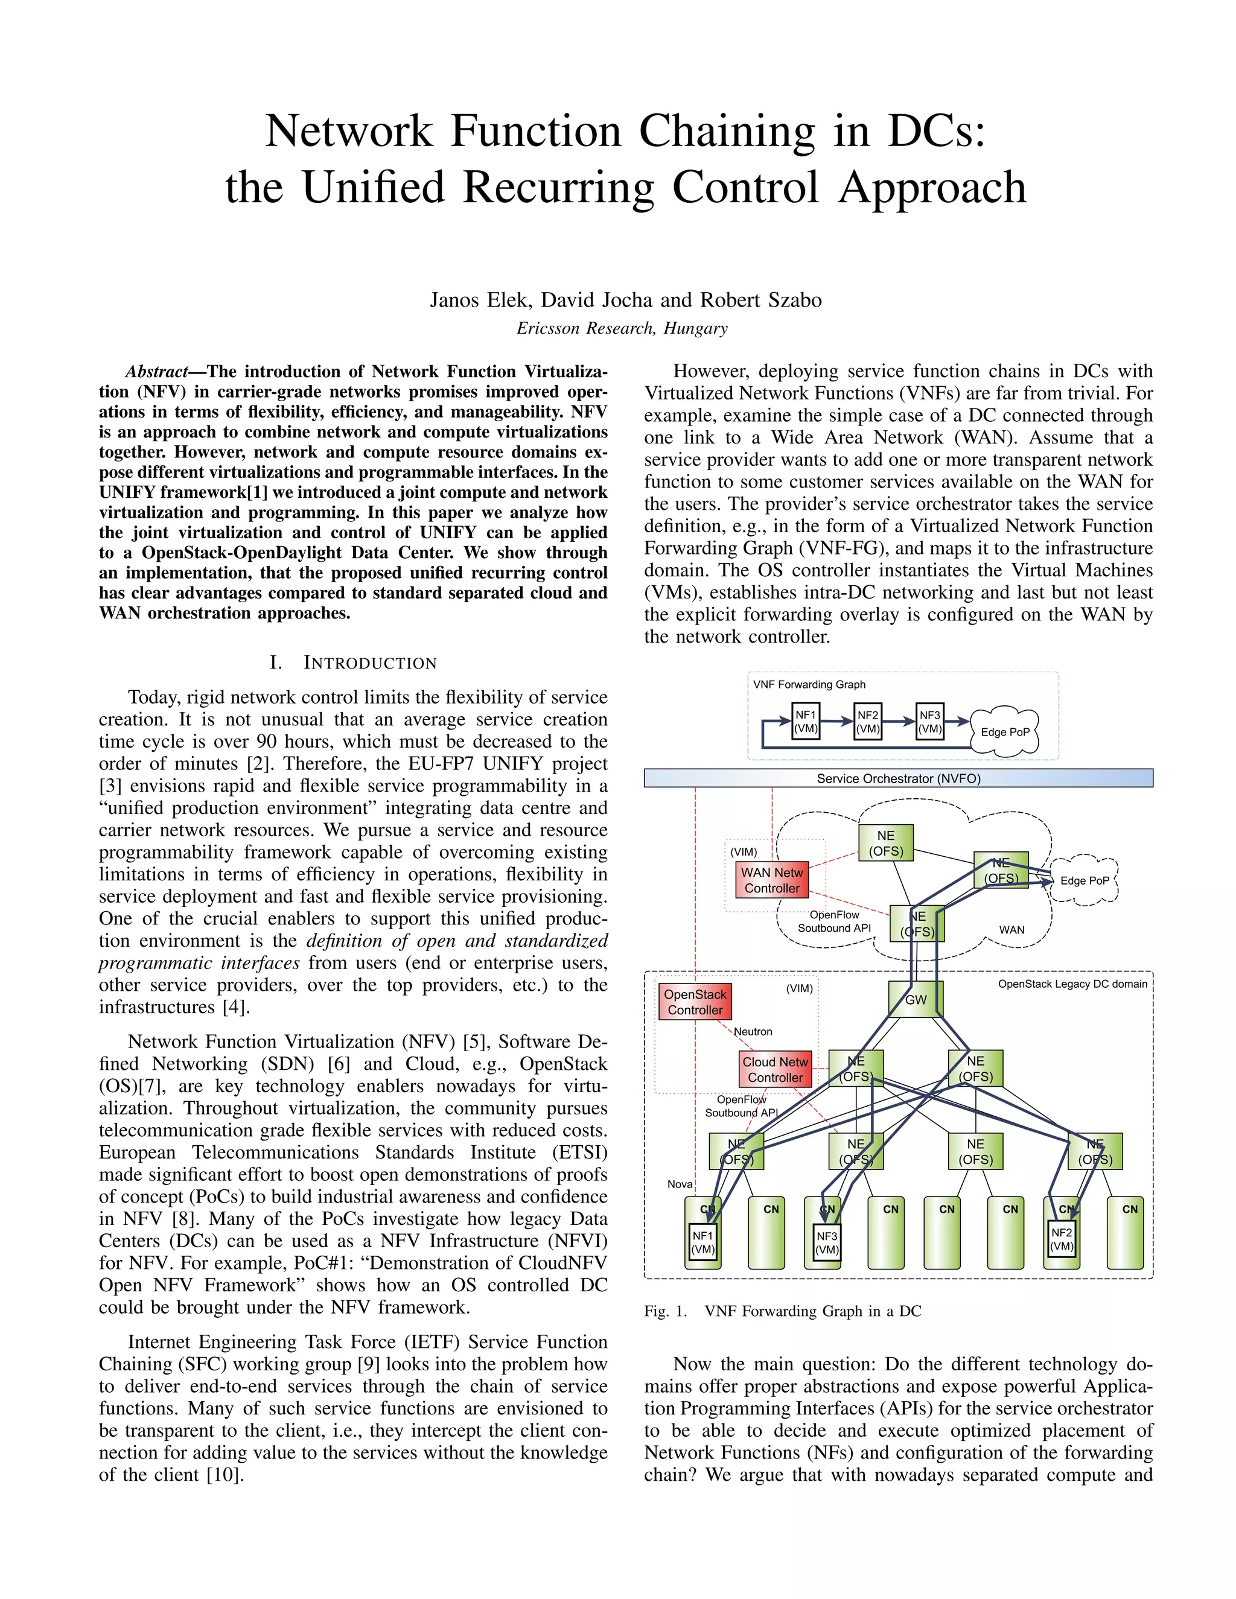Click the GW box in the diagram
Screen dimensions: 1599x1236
click(x=916, y=999)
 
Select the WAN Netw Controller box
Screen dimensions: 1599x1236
click(x=772, y=880)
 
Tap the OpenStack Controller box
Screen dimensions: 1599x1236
click(x=695, y=1002)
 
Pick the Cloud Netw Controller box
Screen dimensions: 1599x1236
click(x=775, y=1069)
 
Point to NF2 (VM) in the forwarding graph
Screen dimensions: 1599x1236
click(x=868, y=721)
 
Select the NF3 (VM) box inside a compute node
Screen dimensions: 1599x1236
click(x=827, y=1243)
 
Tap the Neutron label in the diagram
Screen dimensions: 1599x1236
click(x=753, y=1032)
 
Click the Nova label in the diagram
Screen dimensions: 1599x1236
click(x=680, y=1184)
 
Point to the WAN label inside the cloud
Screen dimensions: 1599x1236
click(x=1012, y=930)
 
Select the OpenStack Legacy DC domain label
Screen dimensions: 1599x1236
click(x=1072, y=984)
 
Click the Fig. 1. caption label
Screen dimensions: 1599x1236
click(x=666, y=1311)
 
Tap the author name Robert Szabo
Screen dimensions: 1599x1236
click(x=761, y=300)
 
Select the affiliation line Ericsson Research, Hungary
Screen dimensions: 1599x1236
click(x=622, y=328)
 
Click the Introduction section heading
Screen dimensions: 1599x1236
click(x=370, y=663)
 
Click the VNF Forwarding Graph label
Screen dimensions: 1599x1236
click(x=809, y=685)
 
